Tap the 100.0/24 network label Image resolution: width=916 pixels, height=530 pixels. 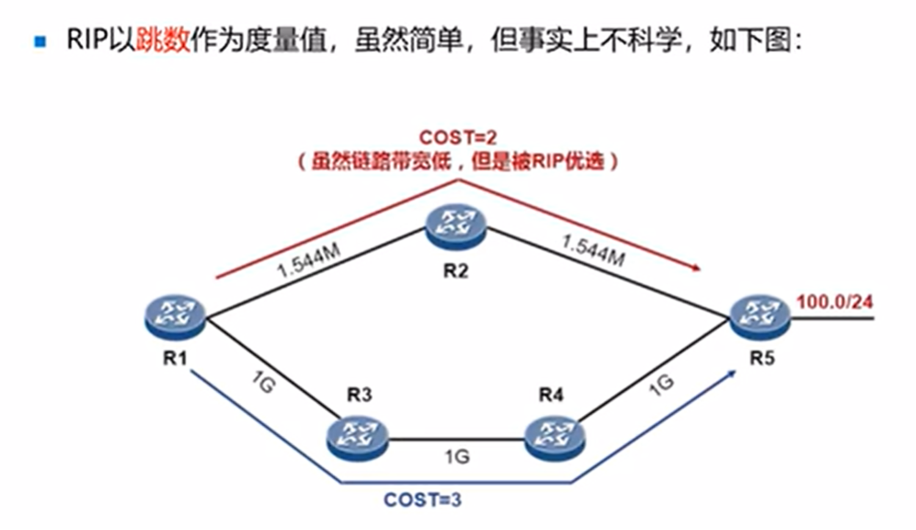[834, 300]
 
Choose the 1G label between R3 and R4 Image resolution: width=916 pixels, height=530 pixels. [455, 457]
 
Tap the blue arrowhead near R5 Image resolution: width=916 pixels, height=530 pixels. [732, 374]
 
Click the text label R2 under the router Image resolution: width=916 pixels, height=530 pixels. [455, 270]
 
